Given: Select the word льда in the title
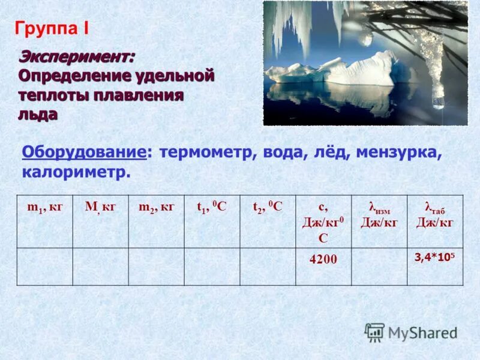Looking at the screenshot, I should (x=38, y=114).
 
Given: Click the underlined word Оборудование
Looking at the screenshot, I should (x=85, y=152).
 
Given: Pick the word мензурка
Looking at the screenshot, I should (x=398, y=152).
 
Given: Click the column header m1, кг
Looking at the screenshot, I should (x=44, y=207).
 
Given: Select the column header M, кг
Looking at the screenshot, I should (x=100, y=207).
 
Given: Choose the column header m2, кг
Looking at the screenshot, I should (x=156, y=207).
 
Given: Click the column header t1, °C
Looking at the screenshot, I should (x=212, y=207).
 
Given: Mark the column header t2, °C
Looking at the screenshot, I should (x=268, y=207).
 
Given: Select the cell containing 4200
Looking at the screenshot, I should (x=323, y=259).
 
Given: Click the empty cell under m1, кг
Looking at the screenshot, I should (x=44, y=266).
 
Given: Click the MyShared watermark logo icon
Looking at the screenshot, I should (x=375, y=332).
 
